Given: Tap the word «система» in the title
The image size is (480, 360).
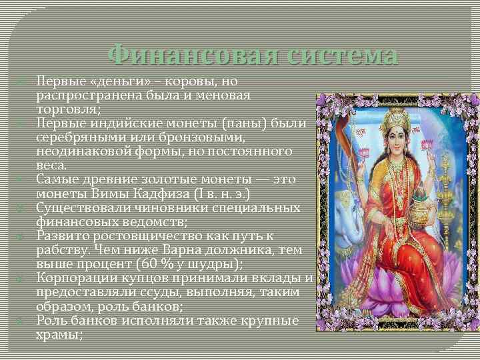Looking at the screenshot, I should (340, 55).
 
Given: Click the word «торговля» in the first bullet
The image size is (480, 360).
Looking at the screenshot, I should (67, 110).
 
